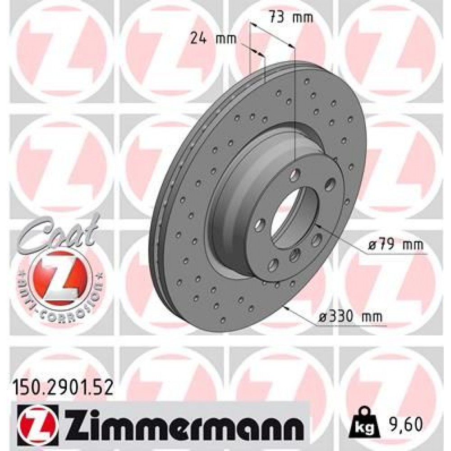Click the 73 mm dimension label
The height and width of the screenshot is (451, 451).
pyautogui.click(x=291, y=18)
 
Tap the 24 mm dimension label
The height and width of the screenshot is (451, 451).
pyautogui.click(x=213, y=38)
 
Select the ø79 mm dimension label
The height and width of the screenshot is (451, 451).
pyautogui.click(x=396, y=245)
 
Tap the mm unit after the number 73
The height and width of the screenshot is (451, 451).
pyautogui.click(x=303, y=18)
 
